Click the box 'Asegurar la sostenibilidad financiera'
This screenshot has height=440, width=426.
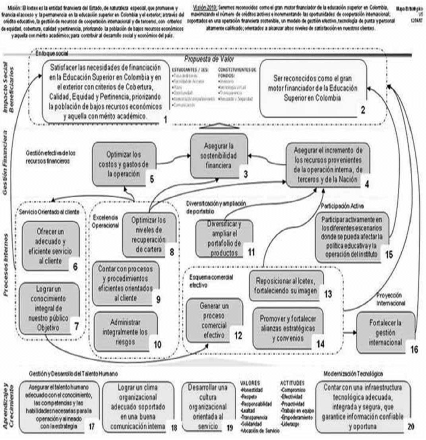tap(220, 155)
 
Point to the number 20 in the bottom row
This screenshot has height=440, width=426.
tap(410, 426)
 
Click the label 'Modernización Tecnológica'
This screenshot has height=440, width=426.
tap(353, 374)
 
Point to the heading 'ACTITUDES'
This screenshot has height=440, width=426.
tap(292, 382)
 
